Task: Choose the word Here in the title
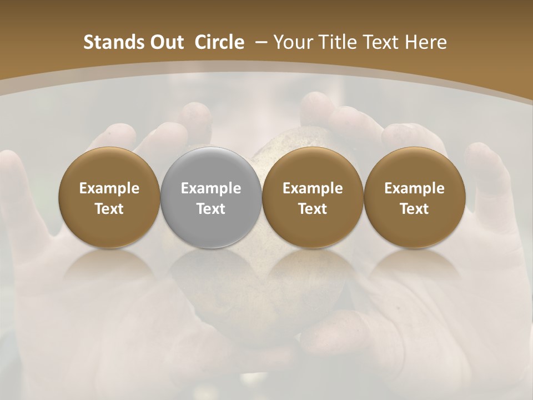tap(426, 42)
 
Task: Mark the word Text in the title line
tap(381, 42)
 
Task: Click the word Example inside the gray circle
tap(211, 189)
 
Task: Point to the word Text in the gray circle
tap(211, 209)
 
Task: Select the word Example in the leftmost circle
tap(109, 189)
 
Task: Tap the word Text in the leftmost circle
tap(109, 209)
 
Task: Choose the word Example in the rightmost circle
tap(414, 189)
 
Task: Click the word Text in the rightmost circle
tap(414, 209)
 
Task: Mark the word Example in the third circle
tap(313, 189)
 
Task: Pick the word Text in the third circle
tap(313, 209)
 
